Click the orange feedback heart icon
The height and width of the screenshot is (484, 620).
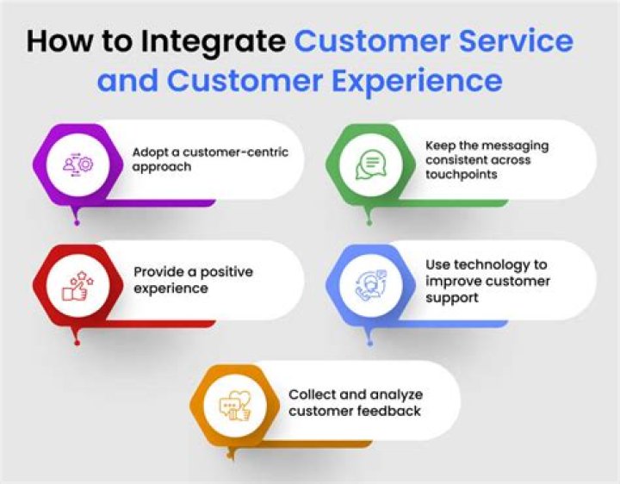pos(234,402)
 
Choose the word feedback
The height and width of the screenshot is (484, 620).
pos(391,411)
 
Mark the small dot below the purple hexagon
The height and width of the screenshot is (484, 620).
pos(77,222)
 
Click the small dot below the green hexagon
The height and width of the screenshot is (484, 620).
pos(371,222)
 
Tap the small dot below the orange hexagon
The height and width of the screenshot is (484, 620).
pos(234,462)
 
